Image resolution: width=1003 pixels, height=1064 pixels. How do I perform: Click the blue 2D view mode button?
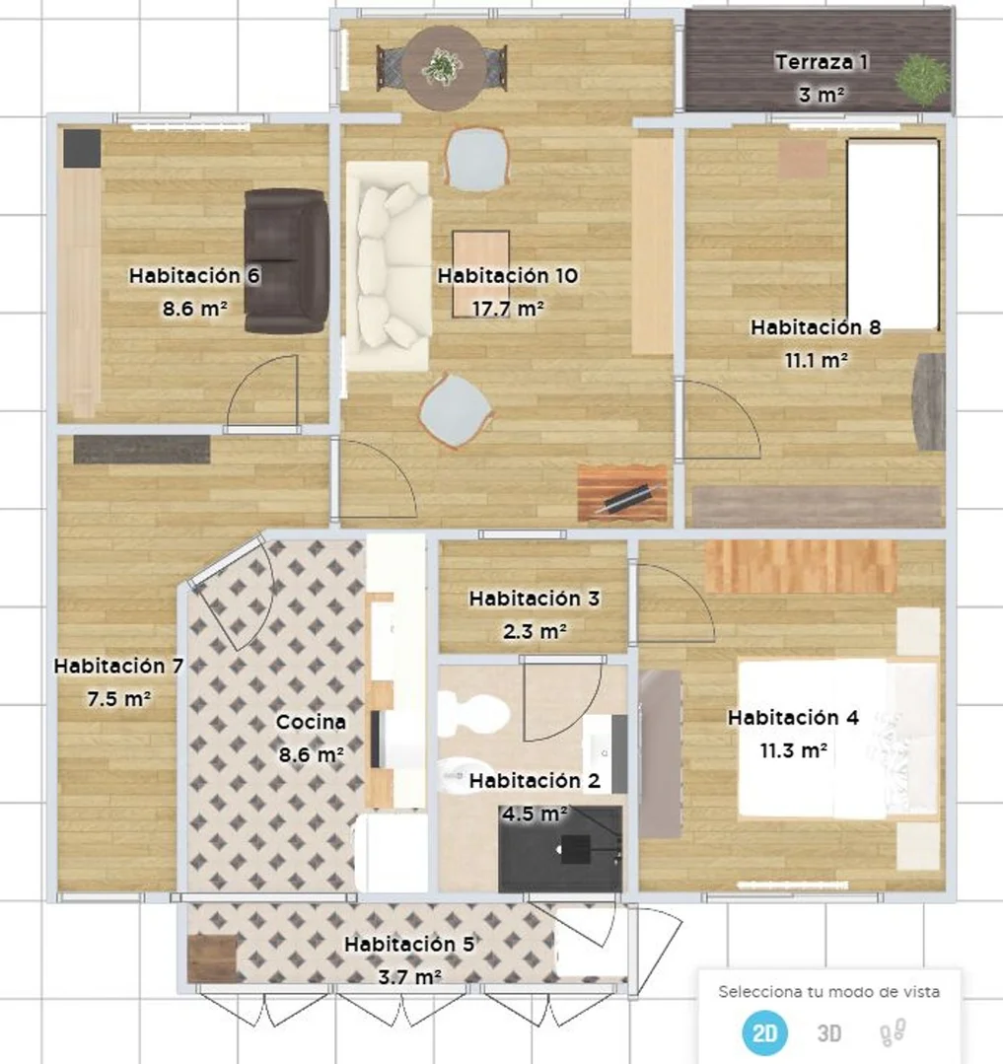click(x=764, y=1033)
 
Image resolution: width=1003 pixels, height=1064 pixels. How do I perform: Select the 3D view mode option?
click(x=829, y=1033)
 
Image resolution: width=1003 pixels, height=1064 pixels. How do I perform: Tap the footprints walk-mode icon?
click(x=893, y=1032)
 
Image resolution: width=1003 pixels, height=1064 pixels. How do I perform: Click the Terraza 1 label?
click(x=822, y=62)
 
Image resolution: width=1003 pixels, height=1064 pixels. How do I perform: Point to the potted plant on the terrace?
click(x=922, y=79)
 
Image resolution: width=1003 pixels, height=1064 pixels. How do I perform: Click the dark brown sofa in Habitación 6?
click(x=286, y=261)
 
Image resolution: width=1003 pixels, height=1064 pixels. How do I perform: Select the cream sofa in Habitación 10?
click(x=389, y=266)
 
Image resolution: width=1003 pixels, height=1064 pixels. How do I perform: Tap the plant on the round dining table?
click(x=443, y=67)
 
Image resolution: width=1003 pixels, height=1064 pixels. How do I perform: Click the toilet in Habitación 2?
click(x=473, y=713)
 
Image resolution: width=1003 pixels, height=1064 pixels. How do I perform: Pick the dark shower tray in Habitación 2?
click(x=560, y=849)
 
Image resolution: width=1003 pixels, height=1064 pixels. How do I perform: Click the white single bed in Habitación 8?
click(x=894, y=235)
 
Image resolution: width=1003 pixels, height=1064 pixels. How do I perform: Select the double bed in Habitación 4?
click(x=837, y=738)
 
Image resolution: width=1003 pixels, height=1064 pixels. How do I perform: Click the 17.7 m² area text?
click(x=508, y=309)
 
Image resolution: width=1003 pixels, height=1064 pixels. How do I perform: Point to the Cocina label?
click(x=311, y=722)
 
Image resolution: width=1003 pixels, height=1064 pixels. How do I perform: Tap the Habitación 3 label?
click(x=535, y=599)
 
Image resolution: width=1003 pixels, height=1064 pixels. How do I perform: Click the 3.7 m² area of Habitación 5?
click(x=410, y=977)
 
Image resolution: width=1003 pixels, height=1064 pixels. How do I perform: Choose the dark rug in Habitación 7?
click(x=142, y=450)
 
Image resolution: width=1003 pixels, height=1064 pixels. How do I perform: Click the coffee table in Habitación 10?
click(x=481, y=274)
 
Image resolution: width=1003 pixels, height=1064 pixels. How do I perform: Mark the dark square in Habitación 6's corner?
click(x=82, y=148)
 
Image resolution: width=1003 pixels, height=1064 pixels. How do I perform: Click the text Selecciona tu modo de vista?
click(x=829, y=992)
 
